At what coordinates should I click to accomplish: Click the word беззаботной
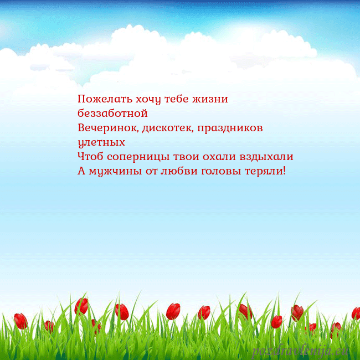[112, 114]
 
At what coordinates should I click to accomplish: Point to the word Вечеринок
[108, 128]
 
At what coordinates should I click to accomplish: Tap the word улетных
[101, 143]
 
